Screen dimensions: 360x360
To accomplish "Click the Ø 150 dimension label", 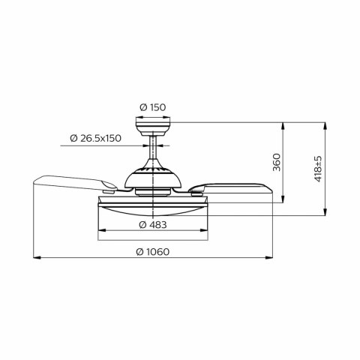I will coord(154,106).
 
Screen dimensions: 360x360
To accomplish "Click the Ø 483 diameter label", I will coord(153,224).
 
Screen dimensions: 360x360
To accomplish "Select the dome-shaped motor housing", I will coord(154,176).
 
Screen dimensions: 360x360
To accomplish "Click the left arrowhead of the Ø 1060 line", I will coord(34,259).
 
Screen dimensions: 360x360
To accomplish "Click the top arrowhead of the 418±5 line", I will coord(325,122).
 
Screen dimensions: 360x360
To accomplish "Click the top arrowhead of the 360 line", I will coord(283,122).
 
